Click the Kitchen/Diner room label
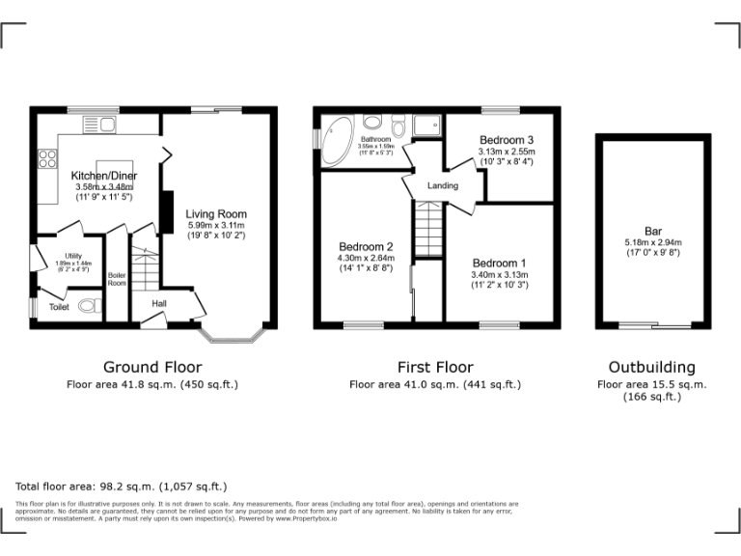[101, 175]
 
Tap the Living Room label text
[216, 214]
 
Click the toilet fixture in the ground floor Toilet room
[89, 308]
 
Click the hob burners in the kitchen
[45, 159]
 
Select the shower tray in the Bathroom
[425, 126]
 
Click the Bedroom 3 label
[507, 140]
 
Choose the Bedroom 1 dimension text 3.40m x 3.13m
[500, 274]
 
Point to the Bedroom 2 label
[364, 246]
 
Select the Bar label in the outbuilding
[653, 231]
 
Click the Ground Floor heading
[152, 367]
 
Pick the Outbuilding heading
[651, 367]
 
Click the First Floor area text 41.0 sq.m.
[434, 384]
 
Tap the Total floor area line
[121, 486]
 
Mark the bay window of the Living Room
[232, 336]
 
